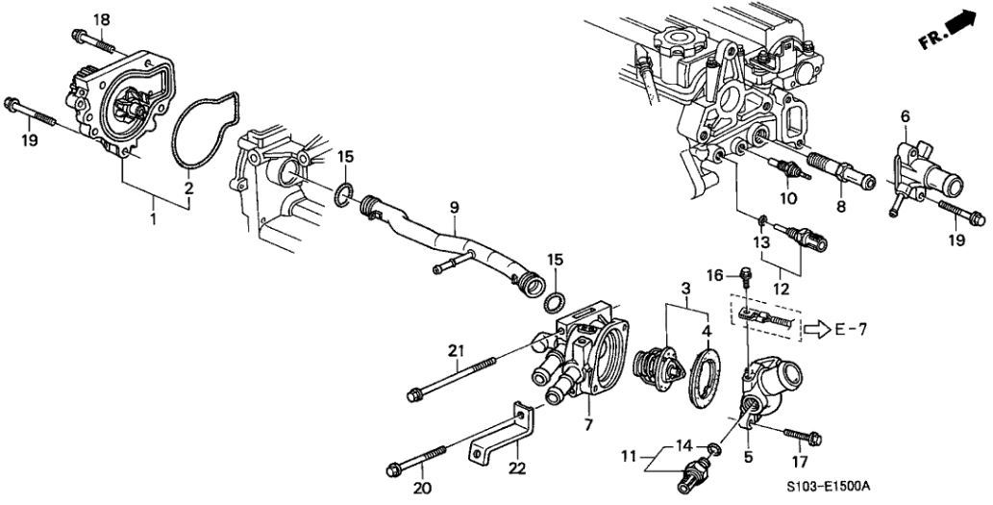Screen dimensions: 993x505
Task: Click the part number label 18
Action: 101,19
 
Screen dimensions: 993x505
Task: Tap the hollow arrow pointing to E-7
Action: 817,330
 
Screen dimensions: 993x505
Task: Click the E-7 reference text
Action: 850,329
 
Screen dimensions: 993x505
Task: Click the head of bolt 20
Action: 394,470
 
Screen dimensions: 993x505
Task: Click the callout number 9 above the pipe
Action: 454,207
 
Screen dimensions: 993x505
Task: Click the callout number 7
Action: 587,422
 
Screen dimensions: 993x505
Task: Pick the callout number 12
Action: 782,290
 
